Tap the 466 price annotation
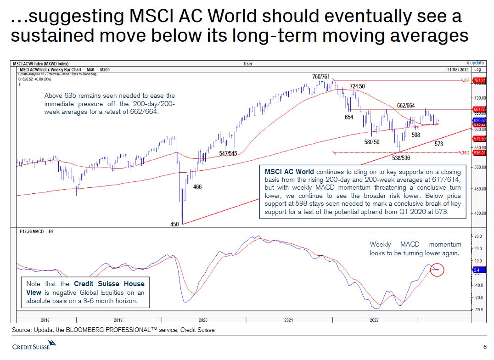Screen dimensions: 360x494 pyautogui.click(x=197, y=187)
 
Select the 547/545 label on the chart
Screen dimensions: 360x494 pyautogui.click(x=228, y=153)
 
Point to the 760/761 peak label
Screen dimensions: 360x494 pyautogui.click(x=320, y=76)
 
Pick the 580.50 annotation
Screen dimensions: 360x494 pyautogui.click(x=372, y=142)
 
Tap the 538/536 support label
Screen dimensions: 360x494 pyautogui.click(x=401, y=157)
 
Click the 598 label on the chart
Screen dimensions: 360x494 pyautogui.click(x=416, y=135)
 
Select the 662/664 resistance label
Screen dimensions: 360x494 pyautogui.click(x=406, y=106)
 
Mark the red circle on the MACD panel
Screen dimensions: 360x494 pyautogui.click(x=437, y=270)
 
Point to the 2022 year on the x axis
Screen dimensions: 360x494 pyautogui.click(x=374, y=320)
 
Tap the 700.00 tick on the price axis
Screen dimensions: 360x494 pyautogui.click(x=480, y=98)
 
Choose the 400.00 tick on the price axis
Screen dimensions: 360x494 pyautogui.click(x=480, y=214)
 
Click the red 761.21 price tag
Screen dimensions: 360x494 pyautogui.click(x=480, y=80)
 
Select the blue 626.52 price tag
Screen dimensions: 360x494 pyautogui.click(x=480, y=120)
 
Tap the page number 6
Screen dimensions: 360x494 pyautogui.click(x=485, y=346)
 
